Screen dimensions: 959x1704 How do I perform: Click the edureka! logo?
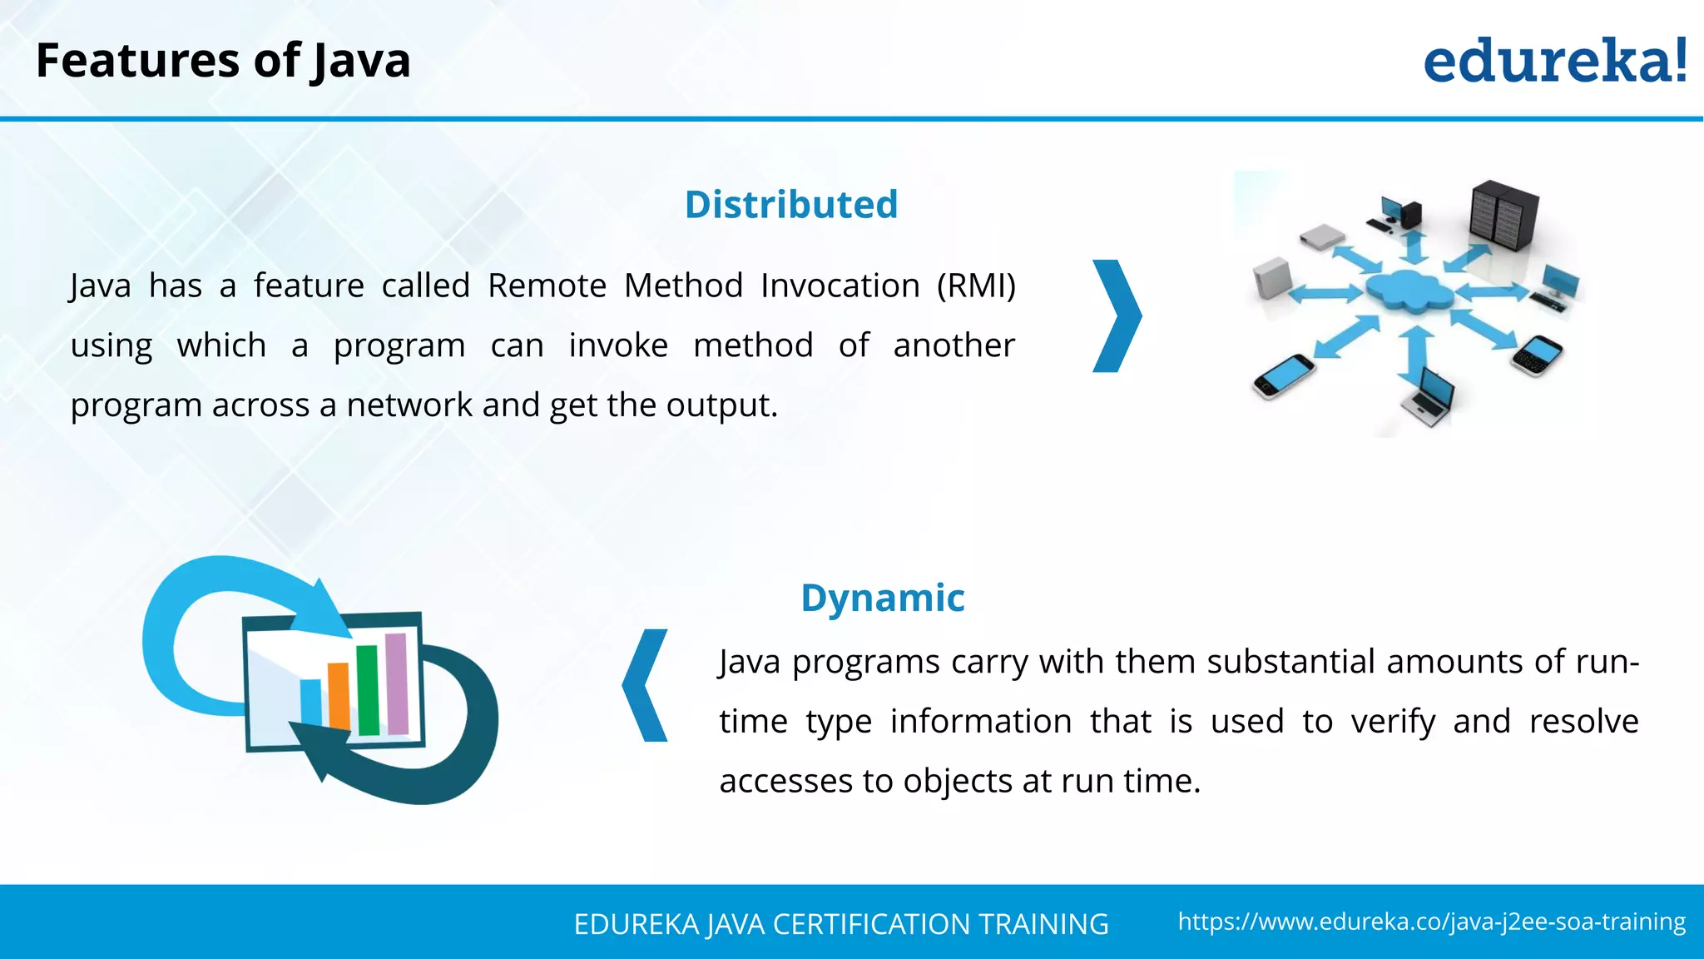1554,62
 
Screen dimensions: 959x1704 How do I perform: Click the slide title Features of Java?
223,61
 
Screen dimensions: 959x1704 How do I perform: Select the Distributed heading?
791,205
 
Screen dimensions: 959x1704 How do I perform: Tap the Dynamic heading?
882,598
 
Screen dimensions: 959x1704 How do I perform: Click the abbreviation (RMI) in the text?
976,286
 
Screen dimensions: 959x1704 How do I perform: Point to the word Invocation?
840,286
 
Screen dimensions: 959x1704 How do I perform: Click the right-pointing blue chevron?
1117,316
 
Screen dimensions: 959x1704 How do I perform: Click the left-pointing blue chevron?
646,685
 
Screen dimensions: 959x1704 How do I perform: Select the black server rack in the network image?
1503,214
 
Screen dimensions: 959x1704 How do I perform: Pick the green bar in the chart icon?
368,690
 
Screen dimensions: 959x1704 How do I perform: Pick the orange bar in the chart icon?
339,696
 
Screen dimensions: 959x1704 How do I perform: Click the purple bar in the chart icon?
397,683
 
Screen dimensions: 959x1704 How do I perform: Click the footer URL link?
1431,922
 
